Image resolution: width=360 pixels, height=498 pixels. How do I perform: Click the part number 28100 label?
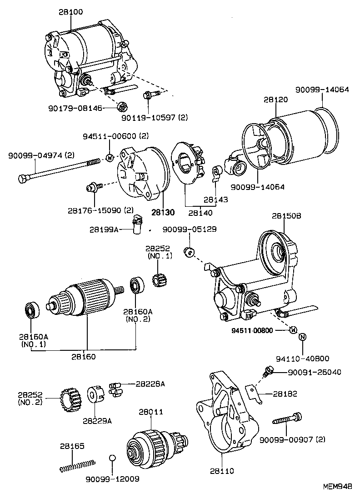coord(70,12)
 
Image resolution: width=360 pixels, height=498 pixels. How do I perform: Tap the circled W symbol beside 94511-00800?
coord(293,329)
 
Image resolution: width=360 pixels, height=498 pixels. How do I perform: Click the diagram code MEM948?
coord(337,486)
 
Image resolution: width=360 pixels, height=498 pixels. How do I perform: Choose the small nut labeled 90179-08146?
coord(121,107)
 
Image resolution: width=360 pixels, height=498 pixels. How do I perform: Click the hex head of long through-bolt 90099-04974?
coord(23,178)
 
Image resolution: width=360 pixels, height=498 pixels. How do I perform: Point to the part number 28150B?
coord(286,216)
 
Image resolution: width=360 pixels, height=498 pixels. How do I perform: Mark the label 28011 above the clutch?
coord(151,412)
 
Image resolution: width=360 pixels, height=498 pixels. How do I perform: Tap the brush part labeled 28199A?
coord(137,224)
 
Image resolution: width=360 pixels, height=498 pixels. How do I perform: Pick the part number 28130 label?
coord(163,212)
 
